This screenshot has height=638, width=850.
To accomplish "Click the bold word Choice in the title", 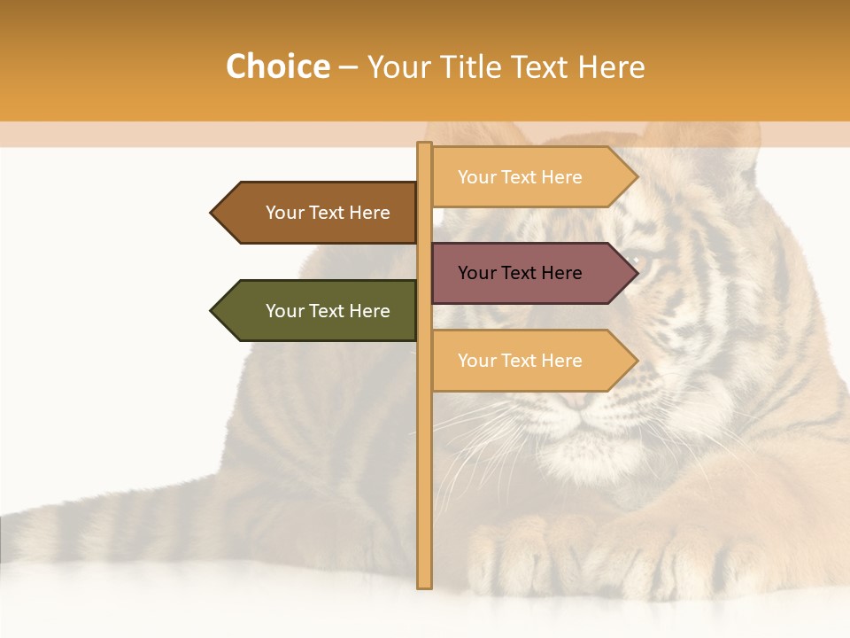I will pos(277,66).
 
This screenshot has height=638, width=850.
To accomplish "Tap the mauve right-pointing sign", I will pos(522,273).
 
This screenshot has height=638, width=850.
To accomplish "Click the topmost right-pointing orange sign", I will pos(522,177).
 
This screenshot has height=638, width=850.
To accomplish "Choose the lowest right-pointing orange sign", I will pos(522,361).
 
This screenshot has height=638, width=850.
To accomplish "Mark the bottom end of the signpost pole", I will pos(424,585).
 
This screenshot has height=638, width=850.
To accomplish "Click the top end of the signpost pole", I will pos(424,145).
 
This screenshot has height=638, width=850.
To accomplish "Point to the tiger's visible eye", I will pos(639,262).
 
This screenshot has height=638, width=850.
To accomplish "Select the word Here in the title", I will pos(612,66).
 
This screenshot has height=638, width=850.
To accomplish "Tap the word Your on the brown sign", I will pos(285,213).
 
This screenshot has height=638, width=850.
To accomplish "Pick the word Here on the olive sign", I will pos(369,311).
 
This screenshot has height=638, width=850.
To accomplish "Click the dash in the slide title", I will pos(348,67).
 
